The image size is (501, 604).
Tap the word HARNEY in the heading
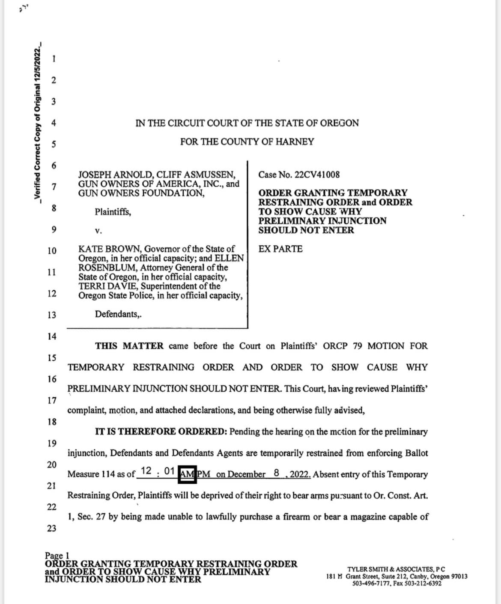(x=295, y=142)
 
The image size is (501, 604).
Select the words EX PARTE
(x=280, y=249)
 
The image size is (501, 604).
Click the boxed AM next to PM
(x=188, y=474)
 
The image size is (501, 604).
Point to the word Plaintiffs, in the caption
(x=113, y=211)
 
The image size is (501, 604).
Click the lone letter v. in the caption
(x=98, y=231)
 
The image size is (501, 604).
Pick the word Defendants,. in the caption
(x=118, y=314)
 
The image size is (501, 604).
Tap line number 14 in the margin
(x=51, y=336)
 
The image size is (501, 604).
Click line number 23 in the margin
(x=51, y=528)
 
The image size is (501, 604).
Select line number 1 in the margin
(x=54, y=59)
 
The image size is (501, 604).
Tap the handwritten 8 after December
(x=277, y=473)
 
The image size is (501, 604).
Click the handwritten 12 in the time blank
(x=146, y=471)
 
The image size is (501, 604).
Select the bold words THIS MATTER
(x=129, y=346)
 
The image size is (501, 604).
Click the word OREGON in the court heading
(x=337, y=123)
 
